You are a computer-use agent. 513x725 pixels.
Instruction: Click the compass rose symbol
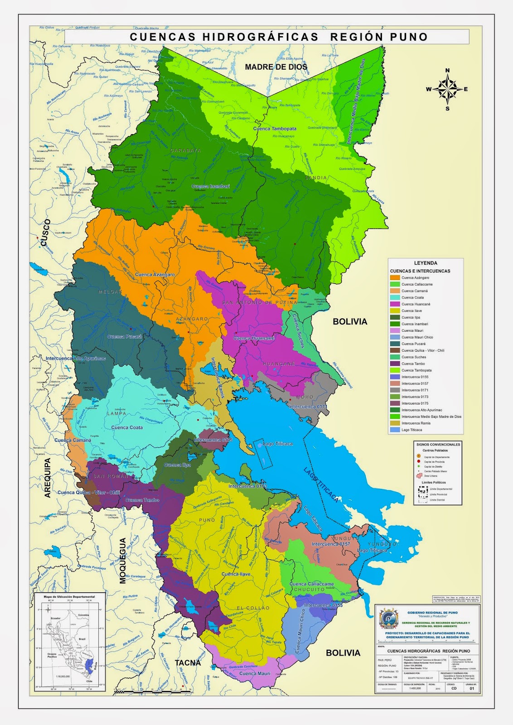447,89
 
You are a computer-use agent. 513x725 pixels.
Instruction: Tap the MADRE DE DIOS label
276,67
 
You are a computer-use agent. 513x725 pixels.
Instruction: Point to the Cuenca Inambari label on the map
211,186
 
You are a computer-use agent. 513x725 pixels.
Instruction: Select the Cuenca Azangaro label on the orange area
155,275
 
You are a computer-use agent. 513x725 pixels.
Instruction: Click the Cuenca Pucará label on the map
125,337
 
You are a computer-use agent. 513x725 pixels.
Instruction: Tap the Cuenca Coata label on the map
127,427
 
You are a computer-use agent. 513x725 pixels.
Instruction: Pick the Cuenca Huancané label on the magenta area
254,338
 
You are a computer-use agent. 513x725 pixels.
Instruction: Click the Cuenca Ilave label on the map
236,574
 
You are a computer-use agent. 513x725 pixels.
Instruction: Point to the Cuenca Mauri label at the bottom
254,673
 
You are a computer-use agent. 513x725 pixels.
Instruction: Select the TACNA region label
188,663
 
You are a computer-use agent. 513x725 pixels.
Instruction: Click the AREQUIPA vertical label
48,478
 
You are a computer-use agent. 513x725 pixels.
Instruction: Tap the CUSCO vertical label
44,233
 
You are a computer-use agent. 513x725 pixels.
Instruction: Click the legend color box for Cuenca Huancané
395,304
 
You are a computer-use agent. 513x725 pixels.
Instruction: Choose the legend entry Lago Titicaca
411,430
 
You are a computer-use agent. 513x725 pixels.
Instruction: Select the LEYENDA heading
426,263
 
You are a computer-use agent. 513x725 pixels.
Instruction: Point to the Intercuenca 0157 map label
330,544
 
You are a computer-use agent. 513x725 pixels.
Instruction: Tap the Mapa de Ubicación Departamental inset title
69,597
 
